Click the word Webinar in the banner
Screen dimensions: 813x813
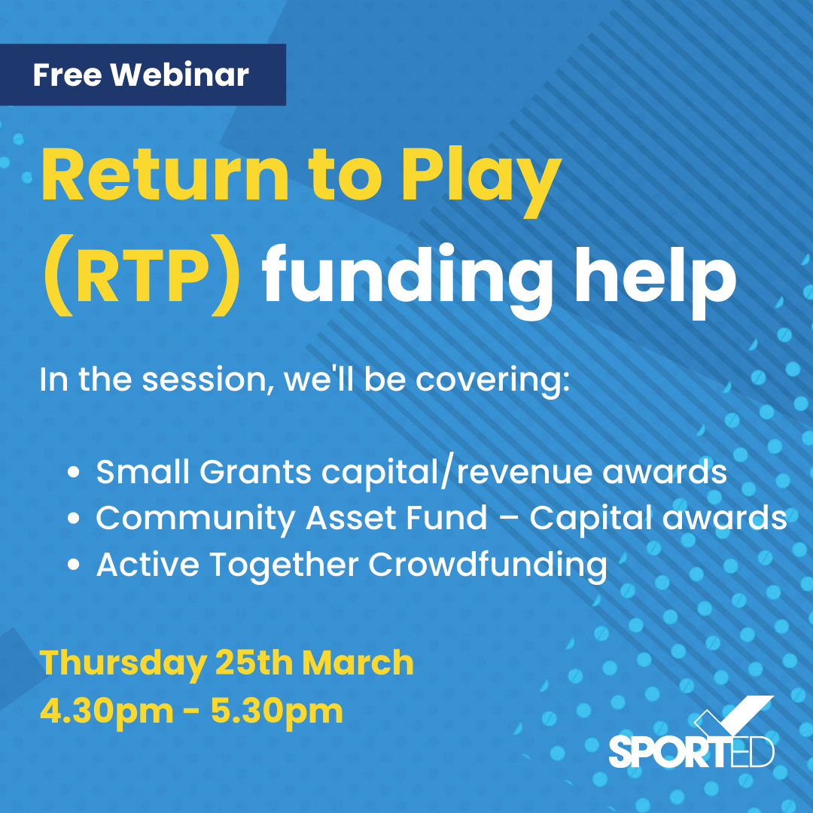(179, 75)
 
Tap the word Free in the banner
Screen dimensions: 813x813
(67, 75)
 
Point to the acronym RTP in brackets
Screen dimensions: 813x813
(142, 277)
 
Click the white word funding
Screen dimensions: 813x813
(407, 280)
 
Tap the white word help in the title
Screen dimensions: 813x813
(656, 280)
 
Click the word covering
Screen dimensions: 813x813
(492, 381)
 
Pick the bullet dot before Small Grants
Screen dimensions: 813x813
(74, 472)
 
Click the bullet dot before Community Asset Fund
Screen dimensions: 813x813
(74, 518)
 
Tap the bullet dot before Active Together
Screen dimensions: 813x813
(74, 564)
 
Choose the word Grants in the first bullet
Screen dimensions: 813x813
(255, 472)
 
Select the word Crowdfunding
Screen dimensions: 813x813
(487, 565)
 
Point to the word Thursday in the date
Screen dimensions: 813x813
(123, 664)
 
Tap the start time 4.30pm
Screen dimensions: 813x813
(106, 711)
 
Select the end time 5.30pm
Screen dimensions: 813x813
(277, 711)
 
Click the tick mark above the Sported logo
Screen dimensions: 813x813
(733, 716)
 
